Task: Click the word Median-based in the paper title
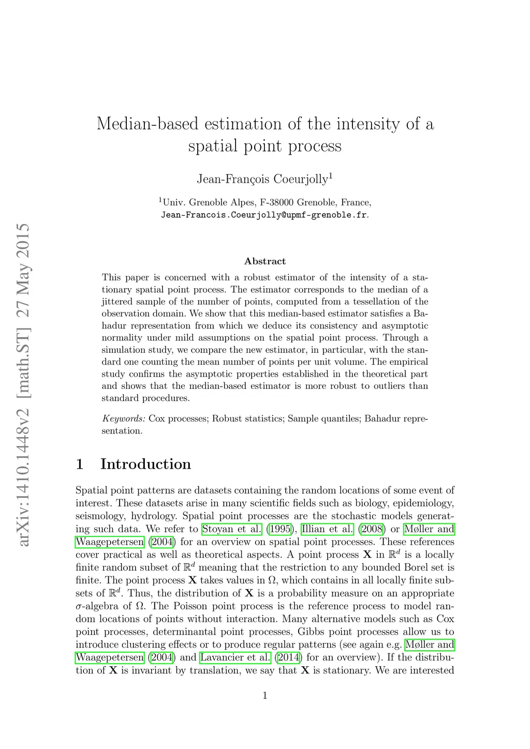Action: coord(148,124)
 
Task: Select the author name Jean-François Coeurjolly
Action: coord(262,179)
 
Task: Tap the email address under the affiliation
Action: coord(264,215)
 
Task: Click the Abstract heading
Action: coord(265,261)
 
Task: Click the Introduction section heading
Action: coord(145,464)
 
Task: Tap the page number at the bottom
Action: coord(265,696)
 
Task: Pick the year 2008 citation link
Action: coord(372,529)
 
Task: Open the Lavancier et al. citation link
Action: coord(235,658)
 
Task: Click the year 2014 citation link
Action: coord(287,658)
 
